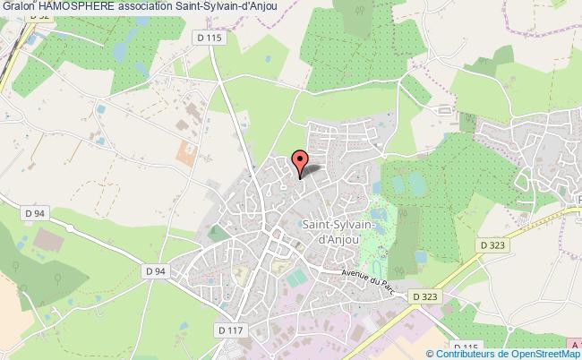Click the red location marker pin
pyautogui.click(x=300, y=162)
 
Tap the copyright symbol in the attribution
pyautogui.click(x=420, y=353)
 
